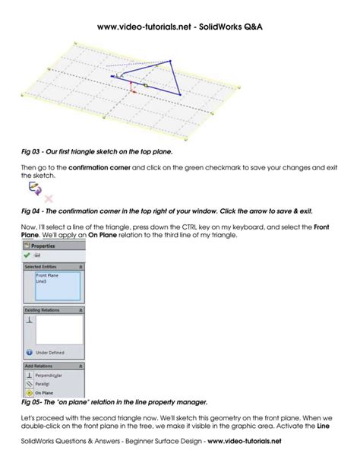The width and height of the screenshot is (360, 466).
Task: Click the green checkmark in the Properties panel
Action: click(28, 255)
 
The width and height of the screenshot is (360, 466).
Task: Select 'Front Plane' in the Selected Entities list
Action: click(47, 275)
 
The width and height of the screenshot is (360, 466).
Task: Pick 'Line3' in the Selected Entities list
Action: click(42, 281)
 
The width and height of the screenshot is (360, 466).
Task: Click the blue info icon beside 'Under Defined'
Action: click(28, 353)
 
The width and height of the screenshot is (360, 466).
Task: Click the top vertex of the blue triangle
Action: click(172, 62)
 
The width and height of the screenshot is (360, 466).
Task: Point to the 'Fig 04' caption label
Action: click(32, 209)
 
